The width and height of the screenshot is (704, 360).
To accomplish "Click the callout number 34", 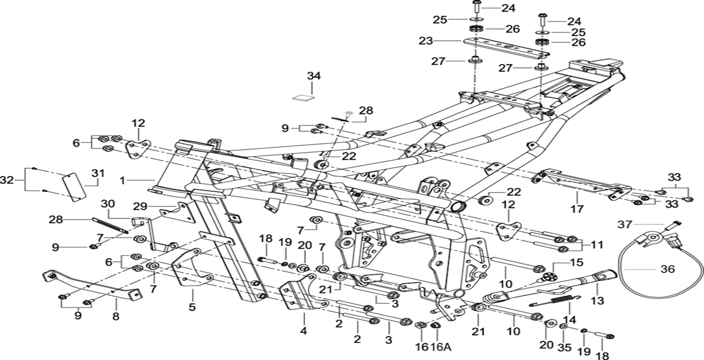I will [x=313, y=76].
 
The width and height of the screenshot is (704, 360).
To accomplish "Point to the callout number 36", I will [x=667, y=269].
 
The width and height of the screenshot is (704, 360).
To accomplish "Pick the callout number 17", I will [x=578, y=209].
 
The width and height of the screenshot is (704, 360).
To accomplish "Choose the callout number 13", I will [x=597, y=301].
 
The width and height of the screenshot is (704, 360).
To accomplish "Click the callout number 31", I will [x=98, y=173].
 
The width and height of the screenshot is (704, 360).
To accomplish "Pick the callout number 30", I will [x=107, y=203].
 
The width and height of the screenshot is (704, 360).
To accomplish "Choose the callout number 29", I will [x=140, y=206].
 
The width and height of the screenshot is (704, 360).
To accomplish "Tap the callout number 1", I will [x=122, y=181].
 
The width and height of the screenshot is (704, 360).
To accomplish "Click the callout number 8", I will [x=116, y=316].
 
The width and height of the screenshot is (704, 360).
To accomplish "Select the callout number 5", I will [x=192, y=307].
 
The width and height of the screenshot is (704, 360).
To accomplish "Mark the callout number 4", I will [x=304, y=330].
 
